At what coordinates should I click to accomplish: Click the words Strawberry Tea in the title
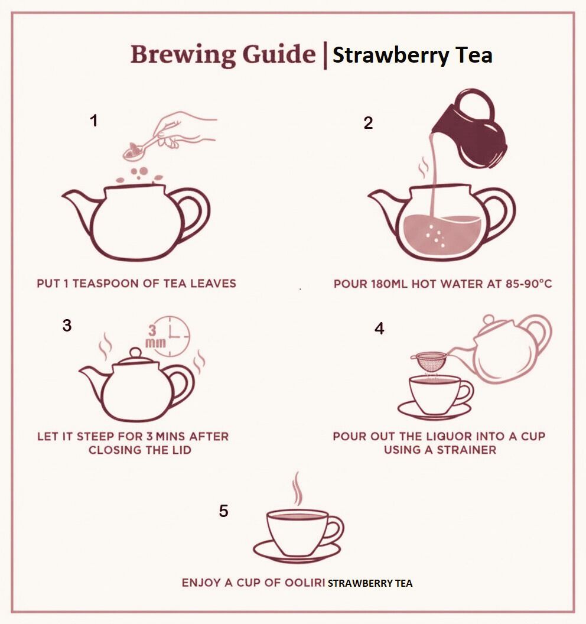(412, 56)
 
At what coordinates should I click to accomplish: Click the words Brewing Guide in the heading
(223, 55)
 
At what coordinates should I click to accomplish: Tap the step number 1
(93, 121)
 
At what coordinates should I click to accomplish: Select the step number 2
(368, 123)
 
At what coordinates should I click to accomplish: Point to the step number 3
(67, 326)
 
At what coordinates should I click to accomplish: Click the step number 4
(379, 329)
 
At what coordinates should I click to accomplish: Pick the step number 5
(223, 511)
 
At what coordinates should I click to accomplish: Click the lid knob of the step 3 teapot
(135, 353)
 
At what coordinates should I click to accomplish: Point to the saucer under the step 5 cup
(297, 552)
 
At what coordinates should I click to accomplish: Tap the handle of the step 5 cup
(336, 528)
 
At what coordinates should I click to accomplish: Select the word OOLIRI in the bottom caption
(305, 583)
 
